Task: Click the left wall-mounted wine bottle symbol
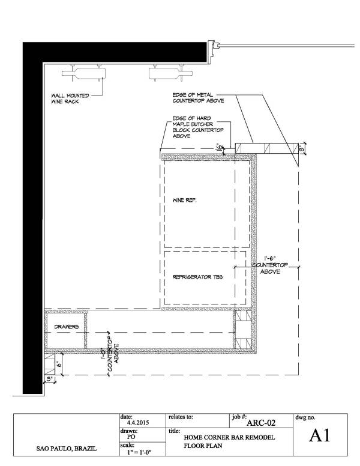coord(83,74)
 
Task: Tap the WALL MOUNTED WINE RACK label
coord(67,98)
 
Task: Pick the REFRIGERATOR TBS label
coord(193,277)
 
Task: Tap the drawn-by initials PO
coord(132,437)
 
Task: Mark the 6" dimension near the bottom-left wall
coord(59,364)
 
